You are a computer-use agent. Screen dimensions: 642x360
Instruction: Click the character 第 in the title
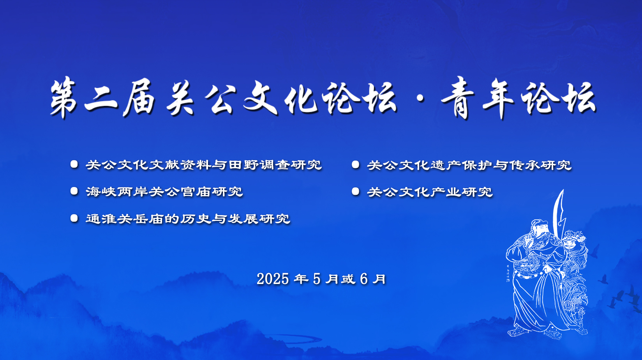point(63,97)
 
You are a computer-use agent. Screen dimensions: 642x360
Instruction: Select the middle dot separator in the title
point(420,99)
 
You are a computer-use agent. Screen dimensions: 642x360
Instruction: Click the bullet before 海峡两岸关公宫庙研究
point(74,191)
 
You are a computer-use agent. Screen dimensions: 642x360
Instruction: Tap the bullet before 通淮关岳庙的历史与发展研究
point(74,218)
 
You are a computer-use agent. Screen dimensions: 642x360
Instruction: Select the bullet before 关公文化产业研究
point(356,191)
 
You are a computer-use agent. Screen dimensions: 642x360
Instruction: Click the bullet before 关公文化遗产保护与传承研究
point(356,164)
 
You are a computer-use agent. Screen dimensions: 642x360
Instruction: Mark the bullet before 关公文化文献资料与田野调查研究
point(74,164)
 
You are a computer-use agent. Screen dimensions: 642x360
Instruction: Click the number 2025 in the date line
point(273,279)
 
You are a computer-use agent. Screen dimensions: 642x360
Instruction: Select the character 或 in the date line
point(348,279)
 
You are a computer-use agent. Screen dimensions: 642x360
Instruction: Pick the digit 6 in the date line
point(364,279)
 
